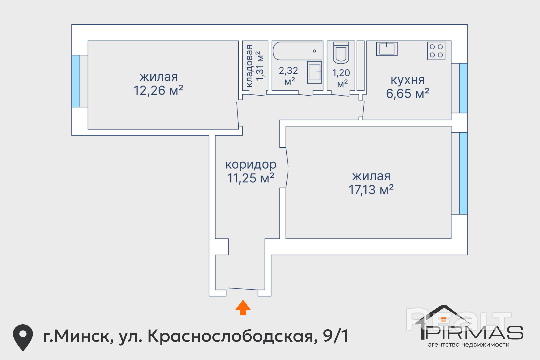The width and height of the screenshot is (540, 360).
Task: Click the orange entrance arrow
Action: point(243,307)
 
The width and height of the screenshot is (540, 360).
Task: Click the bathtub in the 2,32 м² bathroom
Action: point(297,51)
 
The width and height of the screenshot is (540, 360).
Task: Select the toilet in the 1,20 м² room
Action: point(341,53)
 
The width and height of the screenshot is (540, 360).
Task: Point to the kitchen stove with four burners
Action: point(436,51)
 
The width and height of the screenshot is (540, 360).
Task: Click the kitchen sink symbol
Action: point(387,49)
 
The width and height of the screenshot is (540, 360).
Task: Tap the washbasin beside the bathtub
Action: point(314,72)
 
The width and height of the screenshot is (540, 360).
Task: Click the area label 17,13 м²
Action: point(371,190)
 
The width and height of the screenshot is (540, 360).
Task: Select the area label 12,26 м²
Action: point(158,90)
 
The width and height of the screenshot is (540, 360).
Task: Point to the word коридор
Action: point(251,165)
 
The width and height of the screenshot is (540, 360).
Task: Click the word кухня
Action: point(407,80)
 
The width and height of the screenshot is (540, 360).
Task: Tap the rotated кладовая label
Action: point(249,66)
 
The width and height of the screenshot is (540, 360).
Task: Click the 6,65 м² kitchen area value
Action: point(407,94)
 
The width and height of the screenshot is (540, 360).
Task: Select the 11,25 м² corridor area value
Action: point(251,178)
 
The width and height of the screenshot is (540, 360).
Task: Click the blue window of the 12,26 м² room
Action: point(76,81)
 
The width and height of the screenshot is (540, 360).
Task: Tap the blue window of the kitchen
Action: point(463,88)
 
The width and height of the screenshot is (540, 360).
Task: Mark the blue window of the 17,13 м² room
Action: point(463,173)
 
